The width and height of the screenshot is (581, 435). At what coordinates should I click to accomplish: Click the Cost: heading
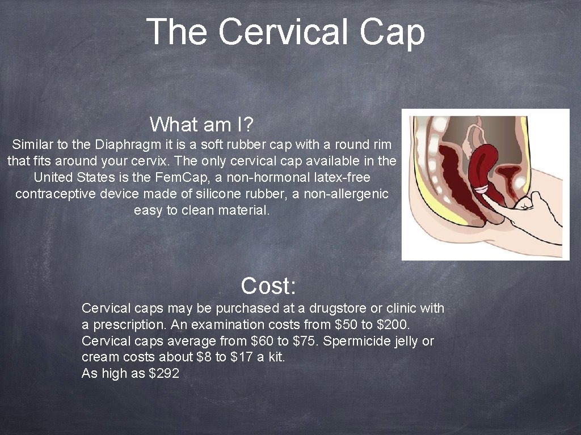tap(268, 286)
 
